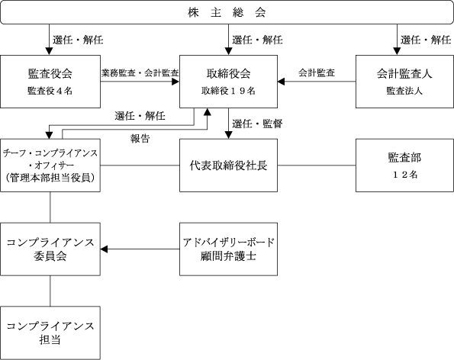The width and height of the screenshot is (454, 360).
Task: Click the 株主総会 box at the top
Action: [x=227, y=12]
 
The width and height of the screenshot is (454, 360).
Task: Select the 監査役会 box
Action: [x=50, y=82]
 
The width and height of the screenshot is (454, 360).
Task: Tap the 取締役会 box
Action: [x=228, y=82]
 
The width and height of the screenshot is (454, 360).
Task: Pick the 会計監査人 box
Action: [x=404, y=82]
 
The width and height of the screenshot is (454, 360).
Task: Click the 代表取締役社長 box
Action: [x=228, y=166]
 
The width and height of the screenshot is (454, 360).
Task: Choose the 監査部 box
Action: [x=404, y=166]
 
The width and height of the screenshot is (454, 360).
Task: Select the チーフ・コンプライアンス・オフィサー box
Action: [x=50, y=166]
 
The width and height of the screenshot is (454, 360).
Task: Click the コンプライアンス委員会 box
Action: [x=50, y=249]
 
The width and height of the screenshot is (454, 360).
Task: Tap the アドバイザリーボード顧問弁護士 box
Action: [x=228, y=249]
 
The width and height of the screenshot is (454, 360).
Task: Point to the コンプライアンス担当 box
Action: [x=50, y=333]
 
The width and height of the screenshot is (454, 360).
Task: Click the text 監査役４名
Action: [x=50, y=91]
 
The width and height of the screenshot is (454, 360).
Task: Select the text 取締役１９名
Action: [x=228, y=91]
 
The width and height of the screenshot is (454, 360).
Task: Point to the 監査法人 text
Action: [x=404, y=91]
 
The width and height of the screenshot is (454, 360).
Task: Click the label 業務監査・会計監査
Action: [x=140, y=73]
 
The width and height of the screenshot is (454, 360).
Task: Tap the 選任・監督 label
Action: [x=257, y=124]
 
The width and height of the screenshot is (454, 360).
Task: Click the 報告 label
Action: [x=140, y=139]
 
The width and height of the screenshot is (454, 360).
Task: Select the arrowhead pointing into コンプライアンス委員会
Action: [x=104, y=249]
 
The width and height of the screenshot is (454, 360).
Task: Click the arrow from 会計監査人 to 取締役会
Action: [x=317, y=82]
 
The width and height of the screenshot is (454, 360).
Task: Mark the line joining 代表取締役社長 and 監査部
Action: [x=317, y=166]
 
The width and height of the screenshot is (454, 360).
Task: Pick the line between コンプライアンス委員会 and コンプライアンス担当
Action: [x=50, y=291]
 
